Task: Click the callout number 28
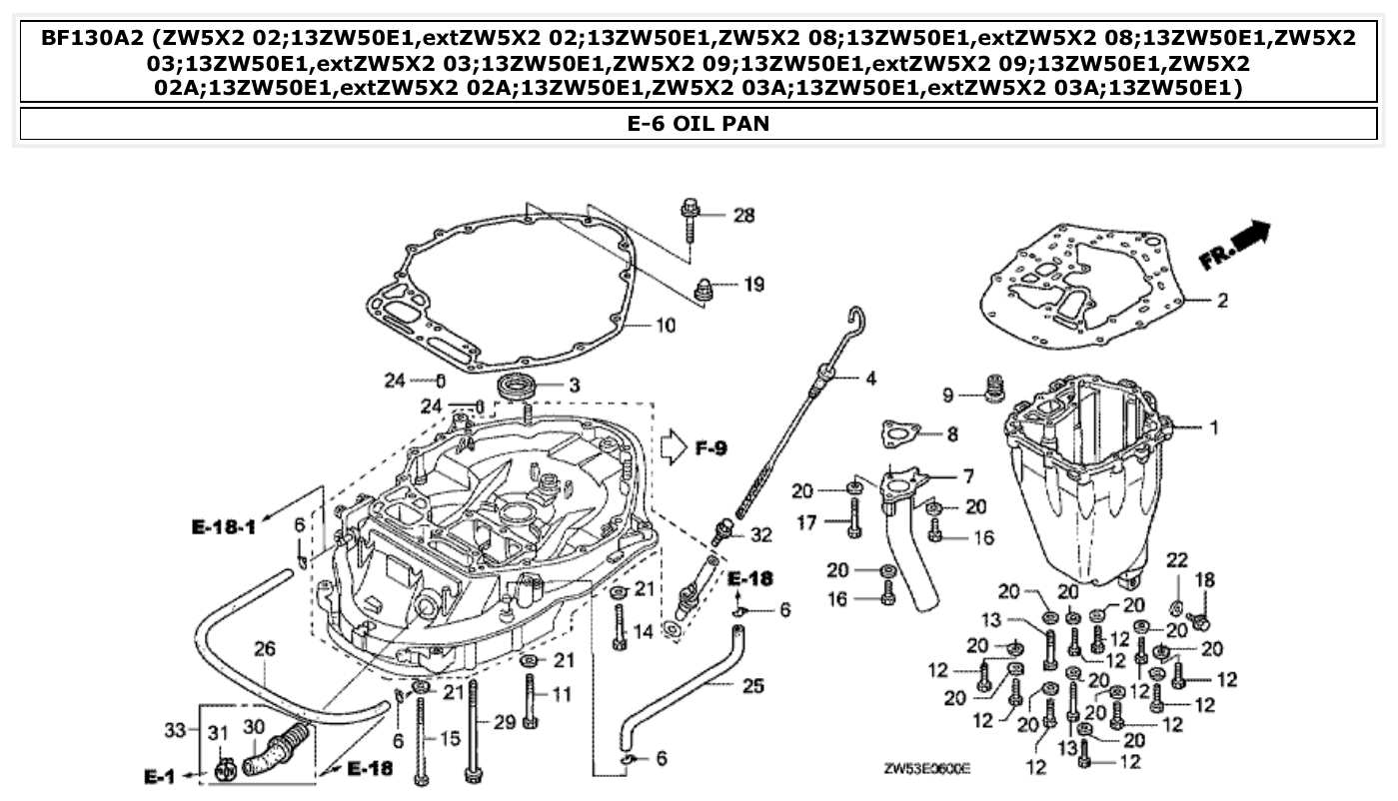pyautogui.click(x=743, y=215)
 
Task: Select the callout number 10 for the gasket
pyautogui.click(x=666, y=325)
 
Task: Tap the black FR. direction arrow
pyautogui.click(x=1249, y=239)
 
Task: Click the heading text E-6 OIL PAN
pyautogui.click(x=699, y=125)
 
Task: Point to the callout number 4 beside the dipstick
pyautogui.click(x=870, y=379)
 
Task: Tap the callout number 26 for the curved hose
pyautogui.click(x=264, y=650)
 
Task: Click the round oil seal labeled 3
pyautogui.click(x=519, y=386)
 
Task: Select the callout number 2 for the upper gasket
pyautogui.click(x=1221, y=300)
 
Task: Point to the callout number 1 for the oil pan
pyautogui.click(x=1213, y=427)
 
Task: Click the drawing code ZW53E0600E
pyautogui.click(x=926, y=770)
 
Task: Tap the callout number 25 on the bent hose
pyautogui.click(x=752, y=685)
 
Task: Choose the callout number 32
pyautogui.click(x=761, y=535)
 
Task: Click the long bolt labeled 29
pyautogui.click(x=471, y=729)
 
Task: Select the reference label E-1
pyautogui.click(x=160, y=776)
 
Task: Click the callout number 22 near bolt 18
pyautogui.click(x=1177, y=559)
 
